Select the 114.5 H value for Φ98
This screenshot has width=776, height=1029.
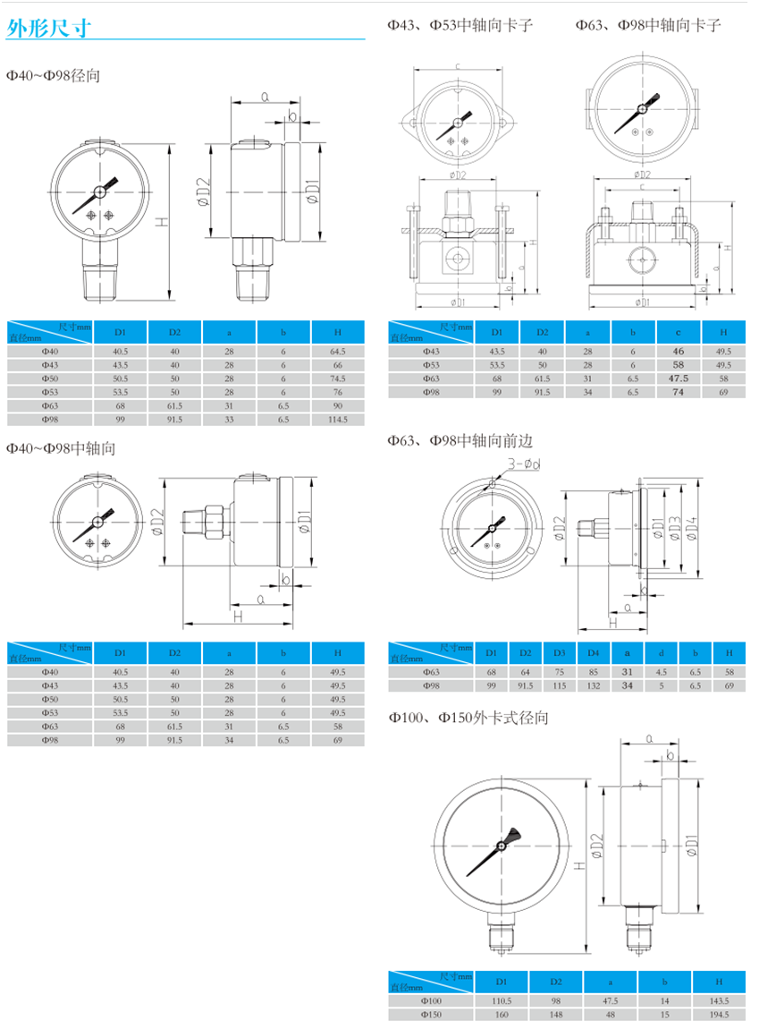(338, 419)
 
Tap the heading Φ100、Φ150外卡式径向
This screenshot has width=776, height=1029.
(468, 718)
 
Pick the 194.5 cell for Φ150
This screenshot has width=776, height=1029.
(719, 1015)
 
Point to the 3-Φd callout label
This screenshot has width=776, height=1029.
(524, 464)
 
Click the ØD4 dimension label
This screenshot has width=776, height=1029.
(690, 528)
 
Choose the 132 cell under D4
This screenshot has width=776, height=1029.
(594, 685)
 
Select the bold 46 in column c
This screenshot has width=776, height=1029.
(679, 352)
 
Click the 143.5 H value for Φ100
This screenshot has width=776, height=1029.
(719, 1000)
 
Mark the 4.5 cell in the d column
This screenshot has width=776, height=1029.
(662, 671)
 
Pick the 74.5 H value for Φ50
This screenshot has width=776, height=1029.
(338, 378)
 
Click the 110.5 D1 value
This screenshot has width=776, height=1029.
(502, 1000)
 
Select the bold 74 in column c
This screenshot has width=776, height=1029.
(679, 392)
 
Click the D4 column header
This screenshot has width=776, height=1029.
(594, 653)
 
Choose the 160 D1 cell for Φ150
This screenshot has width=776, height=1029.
(502, 1015)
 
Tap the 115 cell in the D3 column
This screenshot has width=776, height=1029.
(560, 685)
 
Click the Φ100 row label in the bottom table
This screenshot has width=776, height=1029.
(431, 1000)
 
